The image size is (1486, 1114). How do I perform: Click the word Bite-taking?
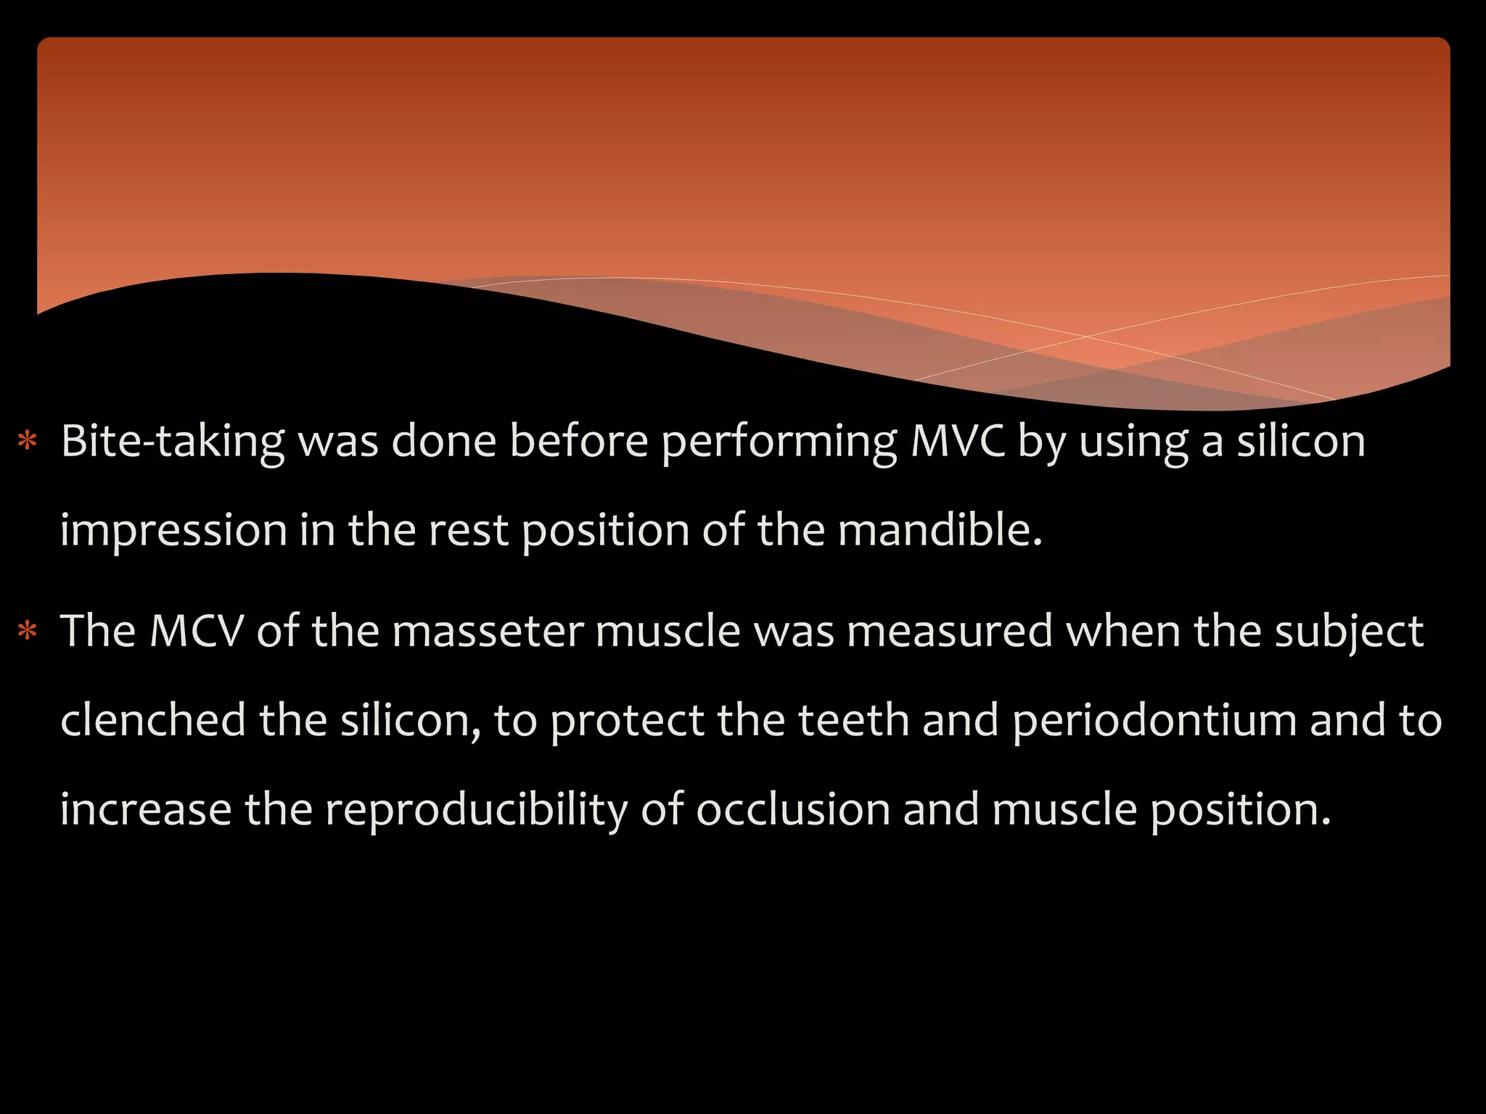click(173, 442)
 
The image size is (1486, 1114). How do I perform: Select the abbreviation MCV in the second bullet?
click(196, 631)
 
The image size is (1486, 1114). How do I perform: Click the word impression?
click(173, 531)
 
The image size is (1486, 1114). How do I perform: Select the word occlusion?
click(793, 809)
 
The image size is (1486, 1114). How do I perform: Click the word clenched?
click(153, 720)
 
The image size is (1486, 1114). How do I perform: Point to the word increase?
click(145, 810)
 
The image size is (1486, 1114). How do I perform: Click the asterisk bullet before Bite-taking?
click(28, 442)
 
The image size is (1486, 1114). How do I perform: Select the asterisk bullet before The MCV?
click(28, 632)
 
